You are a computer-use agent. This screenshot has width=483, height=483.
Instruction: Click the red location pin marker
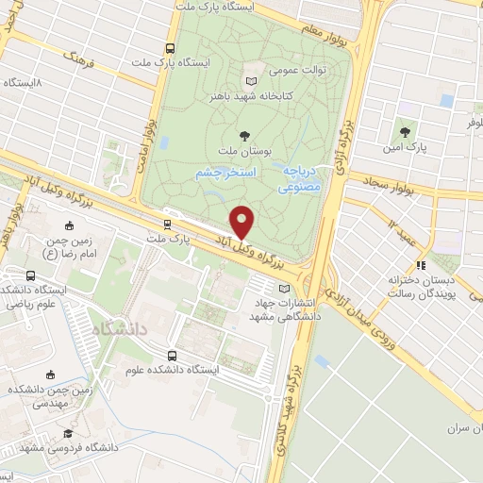click(x=243, y=222)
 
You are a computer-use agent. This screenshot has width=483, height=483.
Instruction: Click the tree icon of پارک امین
click(x=405, y=132)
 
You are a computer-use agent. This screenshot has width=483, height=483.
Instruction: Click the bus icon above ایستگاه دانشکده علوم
click(x=172, y=356)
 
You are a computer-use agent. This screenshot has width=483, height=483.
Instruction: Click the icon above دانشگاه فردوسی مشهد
click(x=67, y=433)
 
